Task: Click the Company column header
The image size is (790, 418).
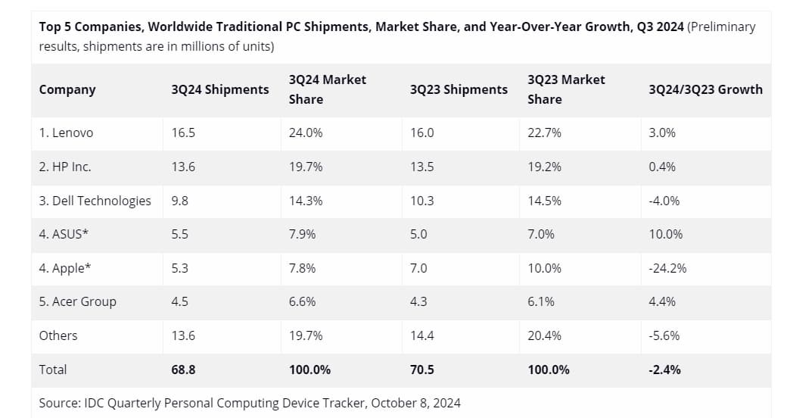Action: click(x=67, y=89)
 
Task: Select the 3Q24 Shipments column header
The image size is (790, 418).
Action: click(x=220, y=89)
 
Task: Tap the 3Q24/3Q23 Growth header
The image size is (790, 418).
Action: click(x=705, y=89)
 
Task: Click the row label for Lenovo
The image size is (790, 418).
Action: click(x=66, y=133)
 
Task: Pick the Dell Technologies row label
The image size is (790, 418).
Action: click(x=95, y=201)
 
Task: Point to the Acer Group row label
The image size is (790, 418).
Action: click(x=78, y=301)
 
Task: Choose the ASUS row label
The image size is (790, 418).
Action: click(x=64, y=234)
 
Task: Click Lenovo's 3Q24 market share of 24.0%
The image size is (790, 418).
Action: click(x=306, y=133)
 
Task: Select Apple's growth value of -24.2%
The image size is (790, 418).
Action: click(x=667, y=268)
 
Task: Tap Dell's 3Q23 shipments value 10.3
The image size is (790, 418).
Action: click(x=421, y=201)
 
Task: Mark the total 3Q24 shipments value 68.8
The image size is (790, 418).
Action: click(x=184, y=370)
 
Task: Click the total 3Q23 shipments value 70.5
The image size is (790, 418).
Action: click(x=422, y=370)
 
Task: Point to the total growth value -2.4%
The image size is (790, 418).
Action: click(x=664, y=370)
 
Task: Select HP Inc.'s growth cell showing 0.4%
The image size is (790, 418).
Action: click(x=662, y=167)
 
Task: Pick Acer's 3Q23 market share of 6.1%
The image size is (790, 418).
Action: click(x=541, y=301)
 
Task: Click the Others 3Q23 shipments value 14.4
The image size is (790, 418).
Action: click(x=421, y=335)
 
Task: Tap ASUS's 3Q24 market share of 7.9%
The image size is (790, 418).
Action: click(x=303, y=234)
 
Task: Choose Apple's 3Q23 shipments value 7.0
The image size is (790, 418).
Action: click(x=418, y=268)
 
